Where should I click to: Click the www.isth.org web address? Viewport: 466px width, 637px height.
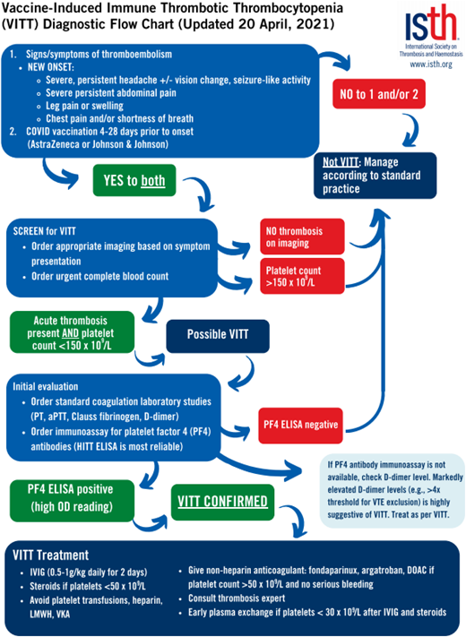pyautogui.click(x=430, y=65)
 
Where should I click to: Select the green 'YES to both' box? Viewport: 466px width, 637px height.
pyautogui.click(x=141, y=180)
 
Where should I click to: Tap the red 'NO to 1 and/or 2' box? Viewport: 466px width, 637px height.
pyautogui.click(x=377, y=92)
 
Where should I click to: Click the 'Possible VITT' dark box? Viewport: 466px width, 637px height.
pyautogui.click(x=218, y=334)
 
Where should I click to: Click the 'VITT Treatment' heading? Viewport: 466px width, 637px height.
pyautogui.click(x=56, y=554)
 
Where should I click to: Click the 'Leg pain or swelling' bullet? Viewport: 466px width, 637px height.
pyautogui.click(x=90, y=104)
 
